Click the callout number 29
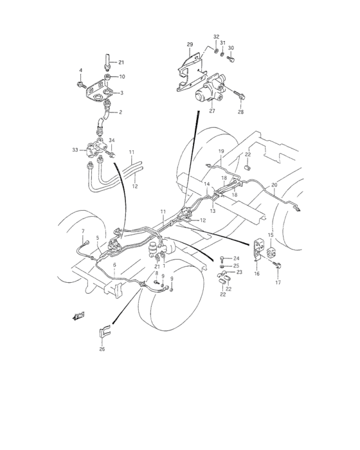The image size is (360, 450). click(x=190, y=44)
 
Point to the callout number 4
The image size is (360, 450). click(x=81, y=70)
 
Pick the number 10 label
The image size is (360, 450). click(x=122, y=76)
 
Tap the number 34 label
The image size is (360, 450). click(x=112, y=140)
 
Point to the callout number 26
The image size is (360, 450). click(x=102, y=350)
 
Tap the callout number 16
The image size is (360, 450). click(x=256, y=273)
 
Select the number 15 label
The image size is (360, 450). click(x=271, y=235)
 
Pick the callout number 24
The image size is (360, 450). click(x=236, y=258)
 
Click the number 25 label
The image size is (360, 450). click(x=236, y=265)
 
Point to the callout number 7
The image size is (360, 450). click(x=82, y=231)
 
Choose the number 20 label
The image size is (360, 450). click(x=274, y=185)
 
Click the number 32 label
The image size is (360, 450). click(x=216, y=37)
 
